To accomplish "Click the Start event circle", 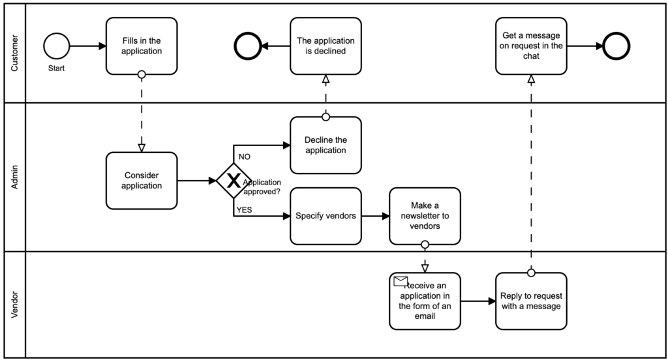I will [56, 46].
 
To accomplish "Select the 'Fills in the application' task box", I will [142, 46].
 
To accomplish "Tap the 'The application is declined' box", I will [326, 46].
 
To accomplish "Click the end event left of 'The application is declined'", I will [248, 46].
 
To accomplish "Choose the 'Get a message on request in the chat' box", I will [531, 46].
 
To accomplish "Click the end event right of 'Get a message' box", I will [616, 46].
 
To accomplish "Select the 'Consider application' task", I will [142, 181].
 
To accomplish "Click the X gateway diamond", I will [234, 181].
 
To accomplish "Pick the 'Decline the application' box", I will [326, 145].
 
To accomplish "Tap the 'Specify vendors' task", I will [326, 216].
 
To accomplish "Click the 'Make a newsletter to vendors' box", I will [425, 216].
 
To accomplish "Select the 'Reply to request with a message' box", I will [531, 301].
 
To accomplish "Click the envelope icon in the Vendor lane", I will [401, 282].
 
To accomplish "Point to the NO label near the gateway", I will [245, 157].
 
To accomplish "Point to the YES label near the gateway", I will [244, 209].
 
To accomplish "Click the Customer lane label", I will [14, 52].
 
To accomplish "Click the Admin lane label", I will [14, 177].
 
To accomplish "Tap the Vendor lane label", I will [14, 305].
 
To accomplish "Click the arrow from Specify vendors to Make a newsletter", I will [375, 216].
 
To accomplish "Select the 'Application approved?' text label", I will [262, 187].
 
